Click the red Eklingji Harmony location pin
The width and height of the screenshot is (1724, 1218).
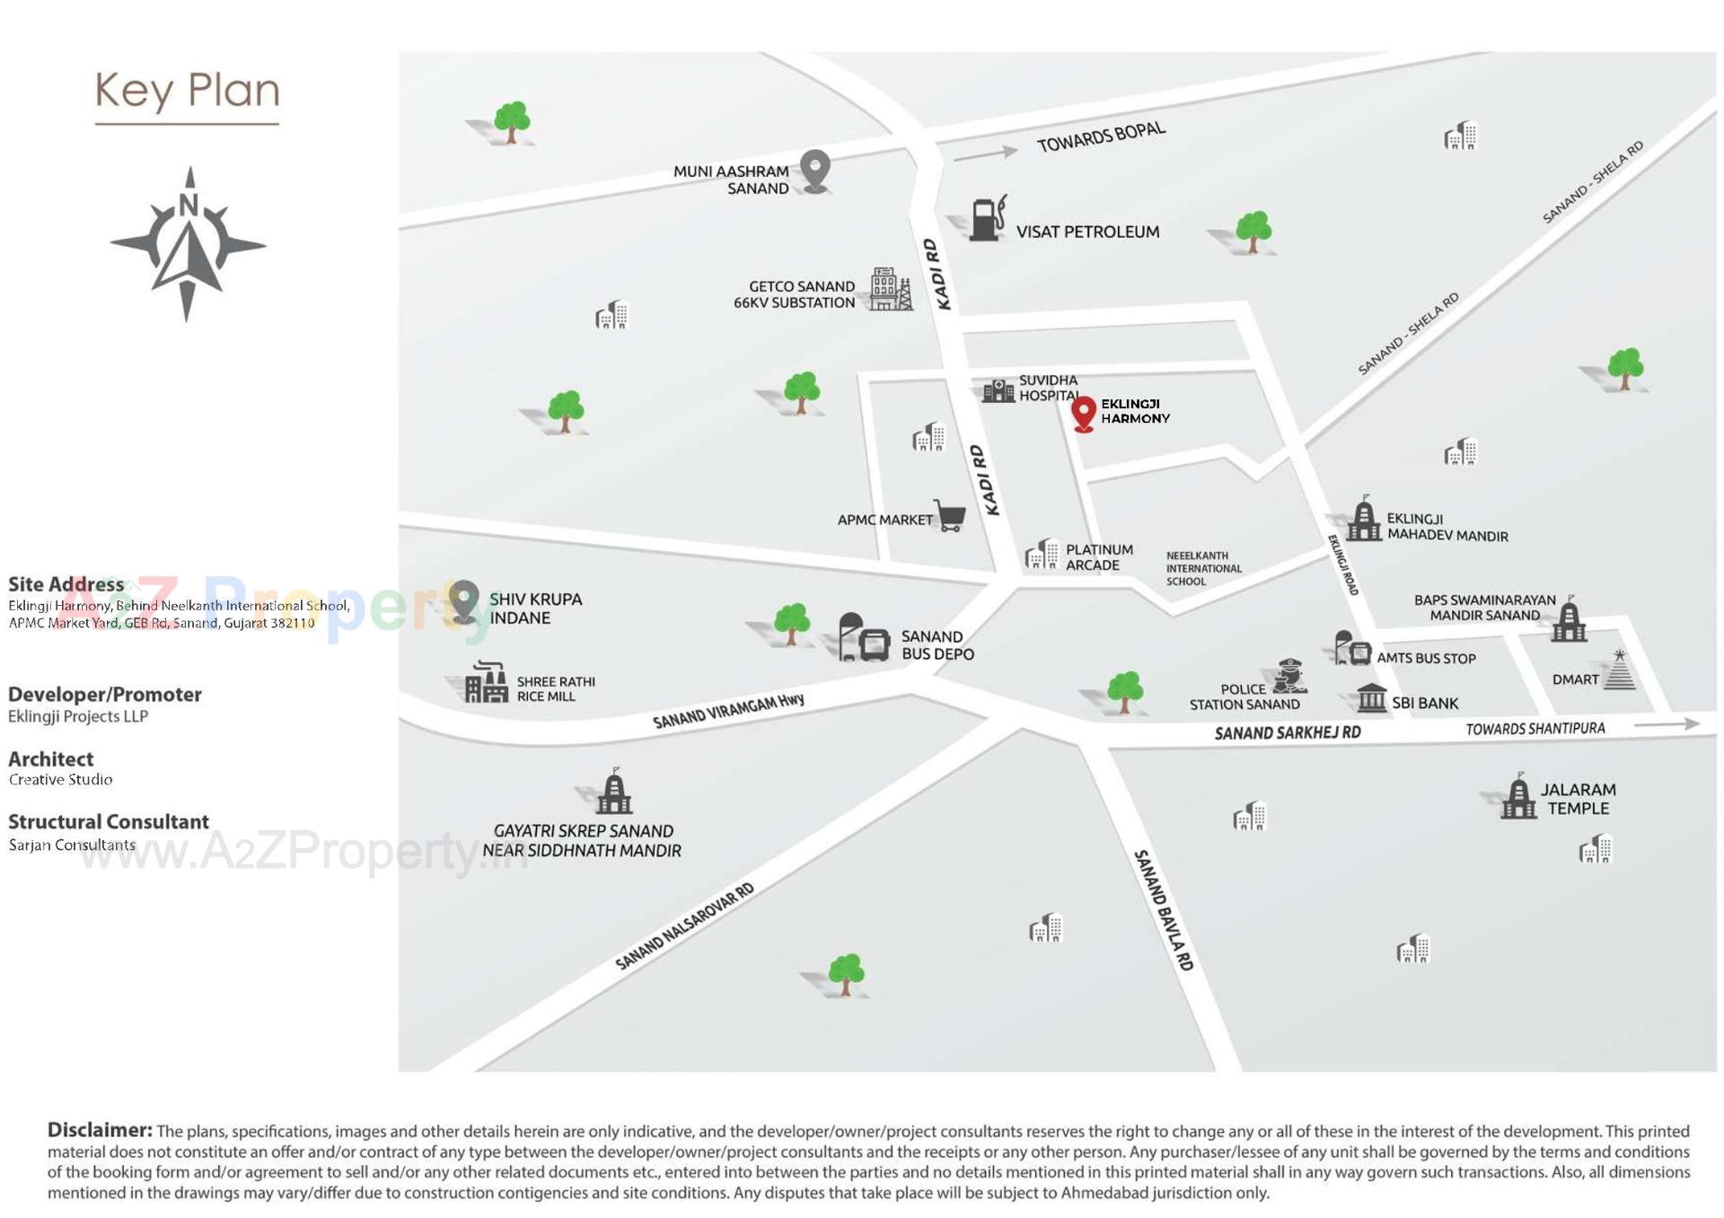coord(1084,412)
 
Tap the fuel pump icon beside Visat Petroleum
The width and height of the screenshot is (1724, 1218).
coord(988,219)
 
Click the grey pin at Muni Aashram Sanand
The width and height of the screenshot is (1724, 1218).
coord(815,170)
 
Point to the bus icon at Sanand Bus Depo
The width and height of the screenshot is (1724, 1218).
coord(864,638)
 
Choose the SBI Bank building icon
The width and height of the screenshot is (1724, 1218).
coord(1371,697)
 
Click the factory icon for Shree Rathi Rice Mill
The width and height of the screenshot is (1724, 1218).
coord(487,683)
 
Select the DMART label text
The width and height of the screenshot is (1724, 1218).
coord(1575,679)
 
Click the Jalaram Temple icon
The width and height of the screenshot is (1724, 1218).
coord(1518,796)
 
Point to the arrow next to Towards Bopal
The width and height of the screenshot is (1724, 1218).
coord(985,153)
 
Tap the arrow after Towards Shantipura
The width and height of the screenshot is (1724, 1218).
coord(1667,723)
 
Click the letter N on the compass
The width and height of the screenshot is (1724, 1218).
coord(189,206)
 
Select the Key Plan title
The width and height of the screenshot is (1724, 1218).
coord(188,92)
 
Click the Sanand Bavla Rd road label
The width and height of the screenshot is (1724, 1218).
coord(1165,909)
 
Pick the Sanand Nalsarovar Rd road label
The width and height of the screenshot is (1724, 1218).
coord(684,926)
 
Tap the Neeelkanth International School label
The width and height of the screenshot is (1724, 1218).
coord(1203,568)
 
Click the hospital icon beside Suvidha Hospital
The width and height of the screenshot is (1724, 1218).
coord(998,390)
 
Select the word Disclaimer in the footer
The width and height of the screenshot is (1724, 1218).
coord(100,1130)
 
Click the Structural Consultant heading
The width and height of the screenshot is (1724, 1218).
coord(109,821)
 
